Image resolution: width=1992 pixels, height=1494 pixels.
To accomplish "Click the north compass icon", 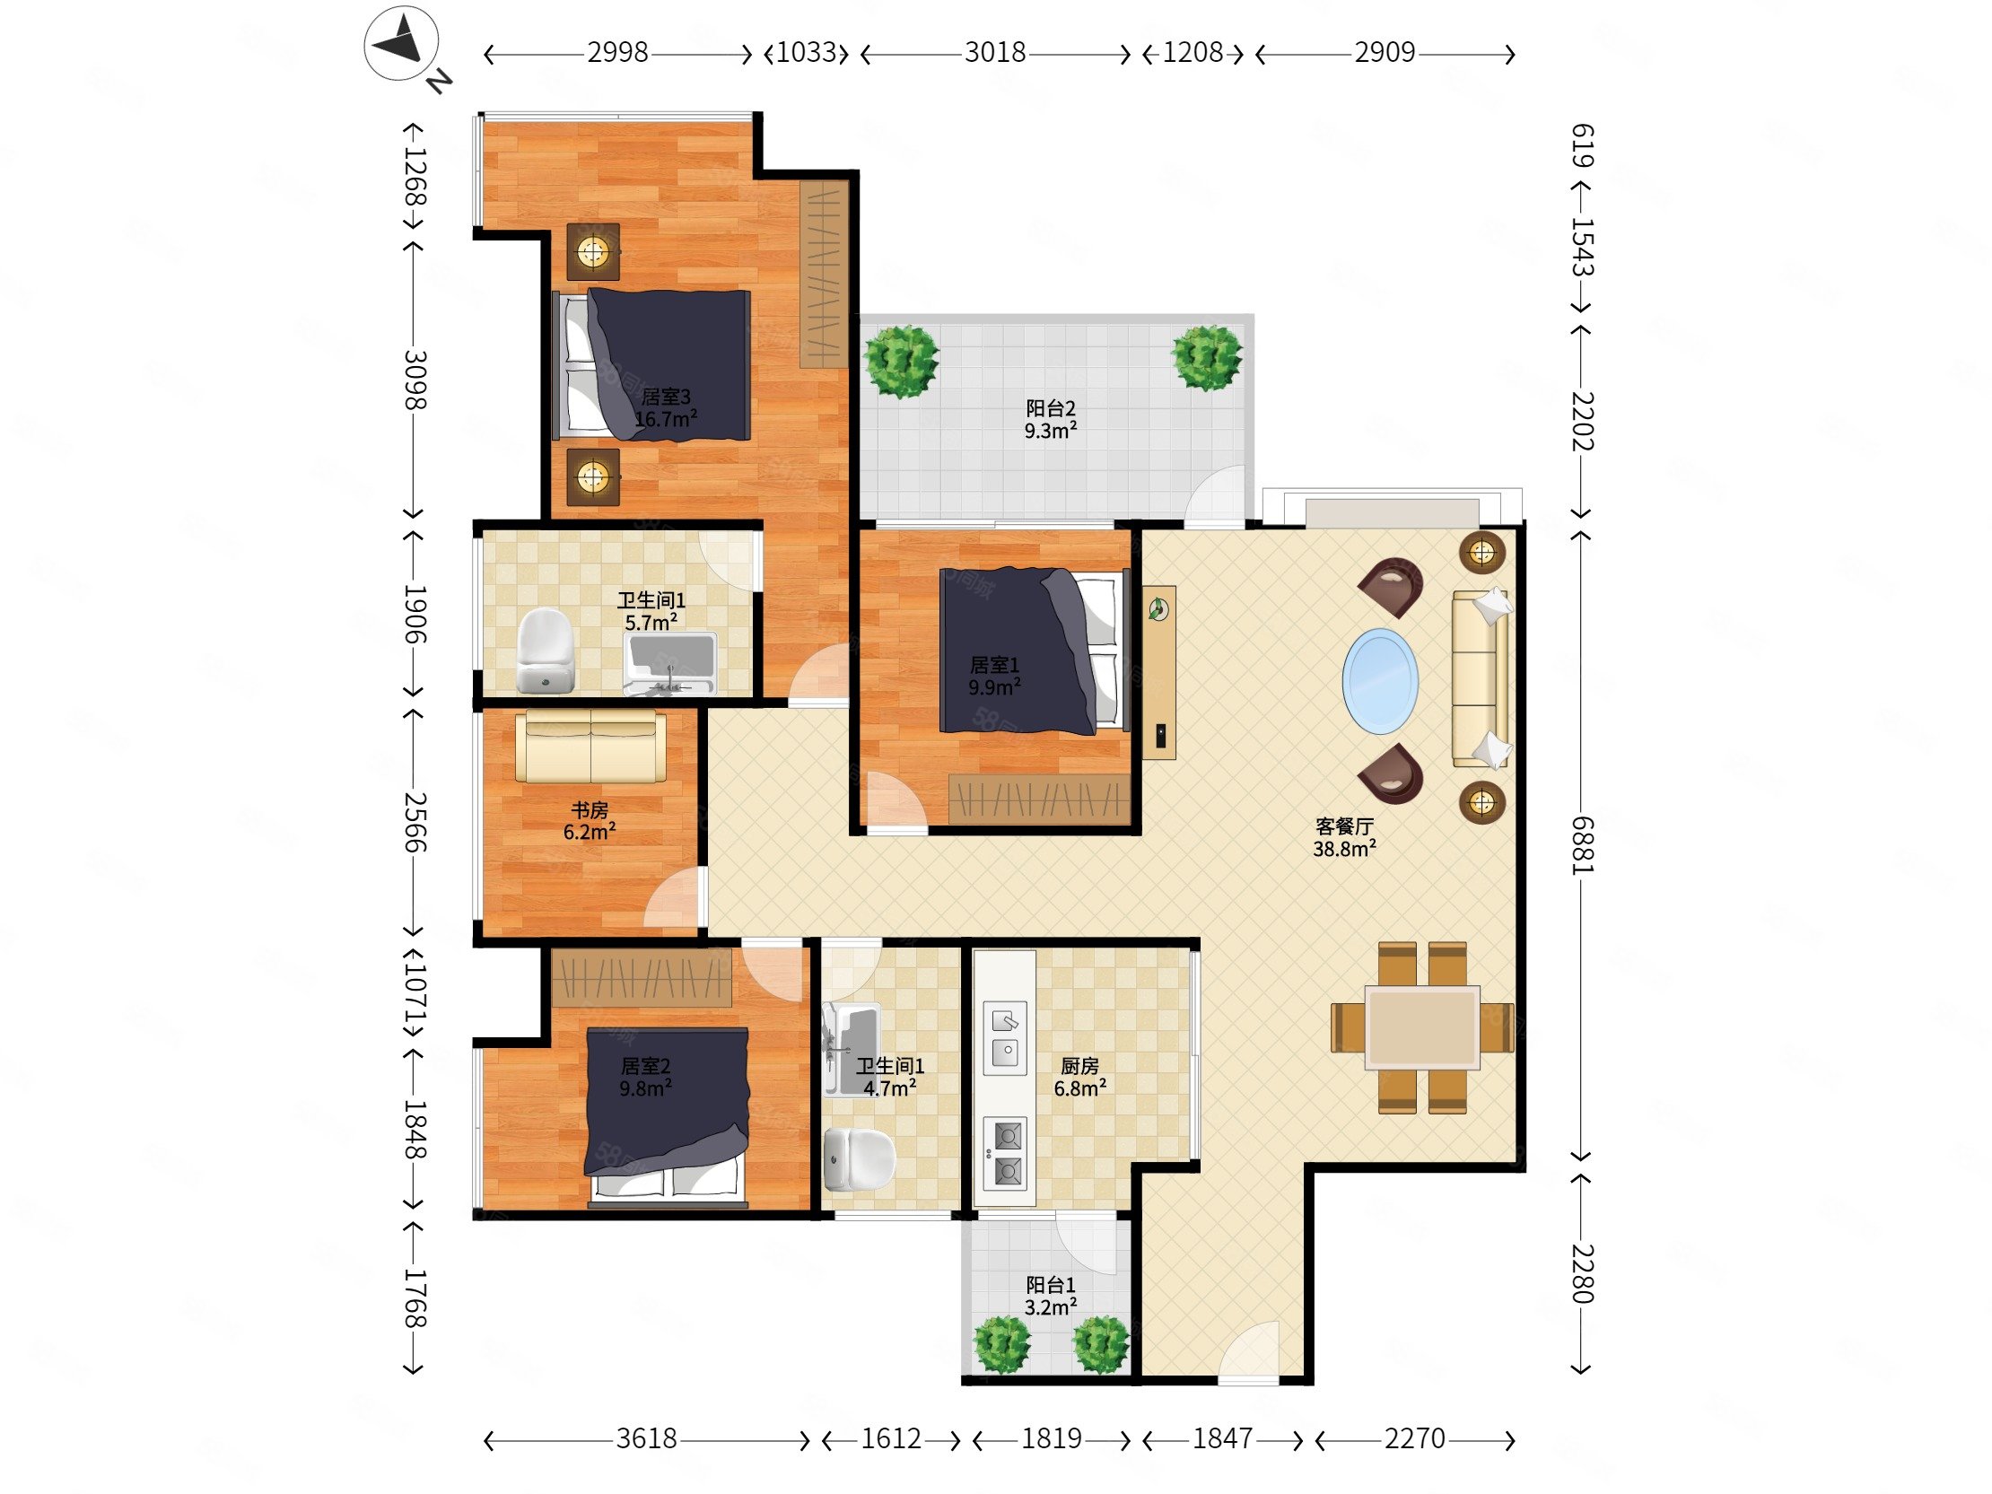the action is (x=403, y=44).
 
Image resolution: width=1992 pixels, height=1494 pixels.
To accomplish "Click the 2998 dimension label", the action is (x=617, y=53).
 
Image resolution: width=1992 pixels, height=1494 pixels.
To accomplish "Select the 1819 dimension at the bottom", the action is (x=1051, y=1438).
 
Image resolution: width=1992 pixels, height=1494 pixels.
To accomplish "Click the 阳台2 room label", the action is (x=1051, y=409).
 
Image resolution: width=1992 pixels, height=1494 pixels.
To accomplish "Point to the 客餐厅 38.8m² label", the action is (x=1344, y=836).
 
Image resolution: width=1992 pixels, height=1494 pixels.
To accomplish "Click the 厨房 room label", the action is (x=1079, y=1066).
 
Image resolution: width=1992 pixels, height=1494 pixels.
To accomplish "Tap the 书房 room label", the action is (x=590, y=810).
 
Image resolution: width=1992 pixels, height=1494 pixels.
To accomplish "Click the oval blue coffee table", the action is (x=1380, y=682).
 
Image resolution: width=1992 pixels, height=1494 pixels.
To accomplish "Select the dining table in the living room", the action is (x=1422, y=1027).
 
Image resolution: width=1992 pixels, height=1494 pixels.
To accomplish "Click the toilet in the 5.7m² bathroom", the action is (x=546, y=651).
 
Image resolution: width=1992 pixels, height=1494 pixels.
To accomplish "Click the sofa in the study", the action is (x=590, y=747).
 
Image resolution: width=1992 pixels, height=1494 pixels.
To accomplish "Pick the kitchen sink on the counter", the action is (x=1005, y=1038).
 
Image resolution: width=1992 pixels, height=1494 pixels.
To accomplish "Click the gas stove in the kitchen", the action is (x=1005, y=1154).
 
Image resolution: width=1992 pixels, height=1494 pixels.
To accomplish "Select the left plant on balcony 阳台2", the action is (x=902, y=361).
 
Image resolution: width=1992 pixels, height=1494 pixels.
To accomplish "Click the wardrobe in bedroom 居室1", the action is (x=1039, y=798).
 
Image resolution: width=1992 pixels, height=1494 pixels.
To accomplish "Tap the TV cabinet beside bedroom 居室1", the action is (x=1159, y=673).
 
